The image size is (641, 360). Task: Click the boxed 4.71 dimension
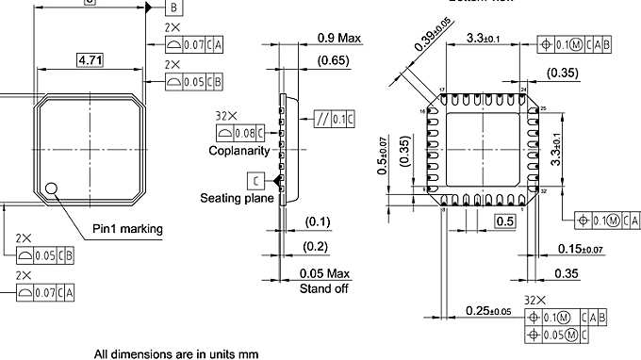point(90,61)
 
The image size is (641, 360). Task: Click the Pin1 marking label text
point(127,229)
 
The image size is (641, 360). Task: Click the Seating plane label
point(237,198)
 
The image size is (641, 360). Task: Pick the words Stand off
point(323,288)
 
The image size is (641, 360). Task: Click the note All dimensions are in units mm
point(175,354)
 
